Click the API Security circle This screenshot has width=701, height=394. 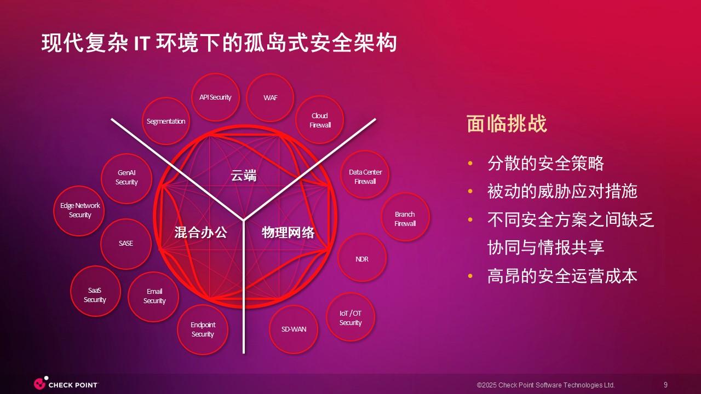point(215,97)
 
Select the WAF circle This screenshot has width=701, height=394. point(270,98)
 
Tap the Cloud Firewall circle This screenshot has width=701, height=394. point(319,120)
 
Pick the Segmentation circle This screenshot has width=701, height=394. point(166,121)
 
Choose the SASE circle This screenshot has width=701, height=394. point(126,244)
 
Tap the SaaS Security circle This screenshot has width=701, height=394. point(95,291)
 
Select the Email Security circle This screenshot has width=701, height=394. point(153,297)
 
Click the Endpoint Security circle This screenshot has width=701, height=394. point(203,329)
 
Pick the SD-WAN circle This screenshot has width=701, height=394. point(294,329)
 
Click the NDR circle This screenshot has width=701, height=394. point(362,258)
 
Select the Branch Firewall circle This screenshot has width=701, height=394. point(405,217)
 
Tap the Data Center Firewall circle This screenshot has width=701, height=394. point(365,175)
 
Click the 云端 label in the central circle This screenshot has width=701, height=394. point(244,176)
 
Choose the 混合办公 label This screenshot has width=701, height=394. point(200,233)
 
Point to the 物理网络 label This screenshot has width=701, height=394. point(288,233)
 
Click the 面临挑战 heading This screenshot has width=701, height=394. point(507,124)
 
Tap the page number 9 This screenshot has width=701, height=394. point(665,385)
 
